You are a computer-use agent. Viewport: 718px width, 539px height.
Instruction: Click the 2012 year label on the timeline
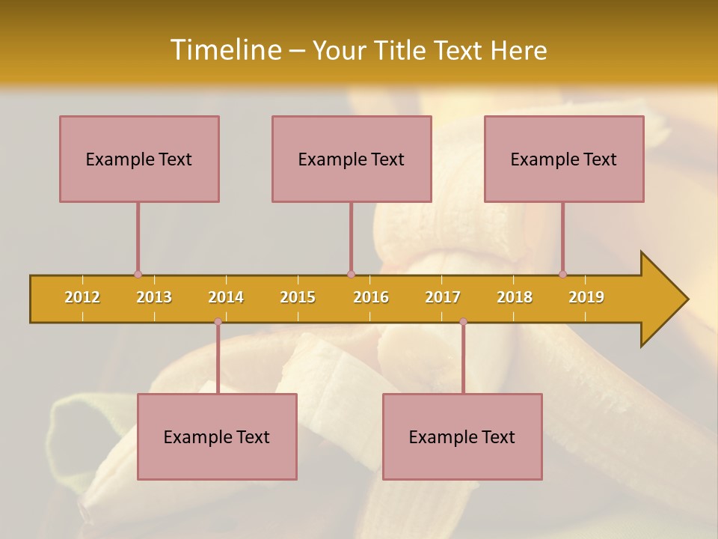click(x=82, y=297)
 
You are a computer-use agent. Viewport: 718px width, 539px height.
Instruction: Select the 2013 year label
click(x=154, y=297)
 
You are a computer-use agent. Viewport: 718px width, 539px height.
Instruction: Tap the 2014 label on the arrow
click(x=226, y=297)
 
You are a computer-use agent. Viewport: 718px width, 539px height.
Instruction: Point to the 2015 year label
click(x=298, y=297)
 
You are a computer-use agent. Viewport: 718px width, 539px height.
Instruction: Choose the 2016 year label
click(x=371, y=297)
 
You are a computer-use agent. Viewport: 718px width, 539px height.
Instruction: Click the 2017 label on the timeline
click(x=443, y=297)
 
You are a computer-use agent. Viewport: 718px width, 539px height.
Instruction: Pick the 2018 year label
click(x=515, y=297)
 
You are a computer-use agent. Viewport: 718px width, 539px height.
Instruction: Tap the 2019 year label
click(x=586, y=297)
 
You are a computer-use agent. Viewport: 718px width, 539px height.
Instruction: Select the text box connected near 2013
click(x=139, y=159)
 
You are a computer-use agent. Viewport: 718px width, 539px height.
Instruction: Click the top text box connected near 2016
click(x=352, y=159)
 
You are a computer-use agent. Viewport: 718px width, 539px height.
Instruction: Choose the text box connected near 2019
click(x=564, y=159)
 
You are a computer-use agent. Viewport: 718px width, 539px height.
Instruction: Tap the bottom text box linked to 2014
click(x=217, y=436)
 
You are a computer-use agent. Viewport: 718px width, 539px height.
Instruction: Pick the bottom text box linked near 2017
click(x=462, y=436)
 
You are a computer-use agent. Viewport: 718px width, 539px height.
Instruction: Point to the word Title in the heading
click(x=404, y=50)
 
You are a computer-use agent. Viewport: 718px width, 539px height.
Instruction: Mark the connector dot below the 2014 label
click(x=218, y=322)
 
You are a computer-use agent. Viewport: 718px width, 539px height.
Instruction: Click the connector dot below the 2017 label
click(x=463, y=322)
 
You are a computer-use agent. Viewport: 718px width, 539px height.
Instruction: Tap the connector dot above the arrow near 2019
click(x=562, y=274)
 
